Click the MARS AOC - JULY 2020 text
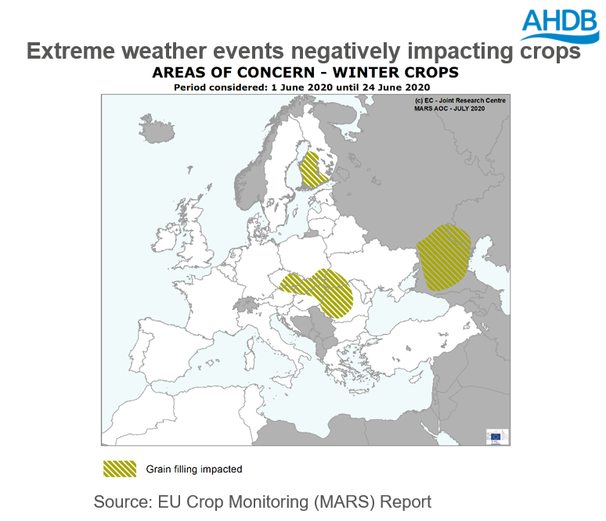tap(450, 108)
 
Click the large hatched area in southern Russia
tap(444, 255)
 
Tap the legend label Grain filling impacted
tap(194, 469)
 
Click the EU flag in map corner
tap(494, 436)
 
